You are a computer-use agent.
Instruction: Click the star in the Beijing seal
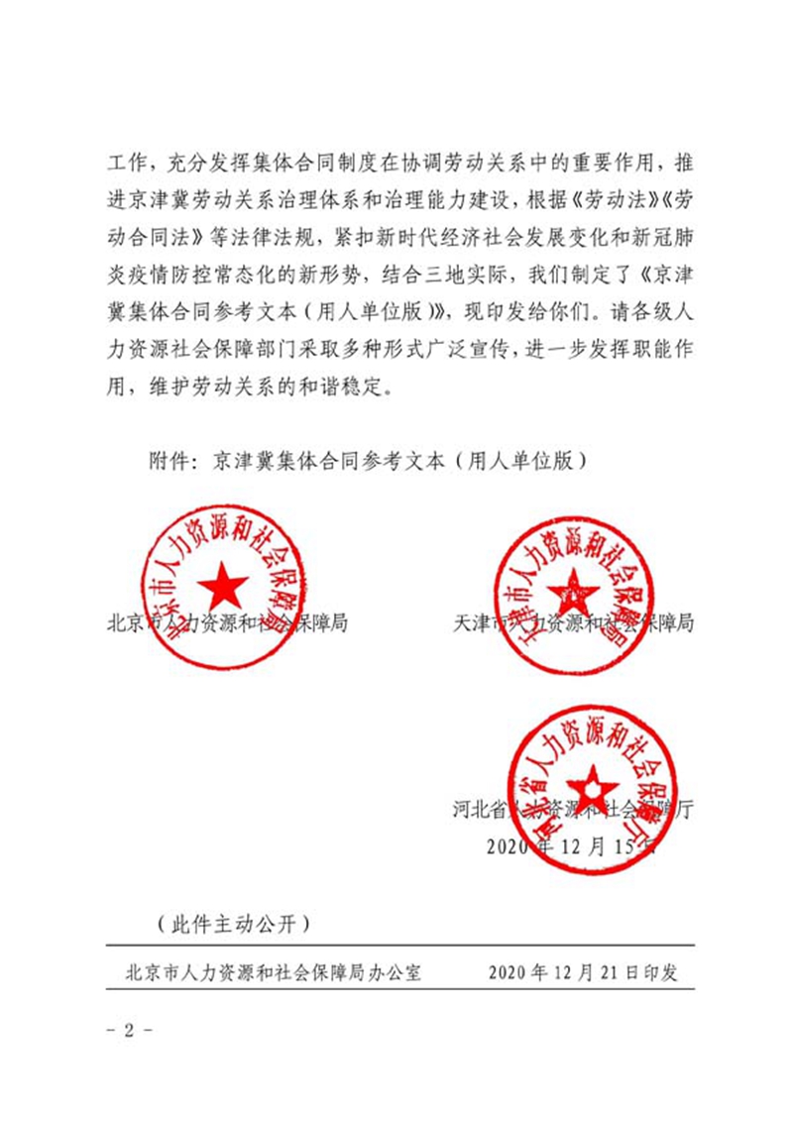(x=223, y=588)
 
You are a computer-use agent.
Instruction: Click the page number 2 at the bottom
(x=128, y=1029)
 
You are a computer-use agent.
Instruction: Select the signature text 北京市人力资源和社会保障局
(x=230, y=624)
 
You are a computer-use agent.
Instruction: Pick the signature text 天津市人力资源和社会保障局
(x=572, y=624)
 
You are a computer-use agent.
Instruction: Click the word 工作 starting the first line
(x=126, y=162)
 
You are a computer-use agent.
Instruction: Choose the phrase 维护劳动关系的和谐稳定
(x=272, y=387)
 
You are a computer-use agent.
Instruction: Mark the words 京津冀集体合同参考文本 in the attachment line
(x=335, y=461)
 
